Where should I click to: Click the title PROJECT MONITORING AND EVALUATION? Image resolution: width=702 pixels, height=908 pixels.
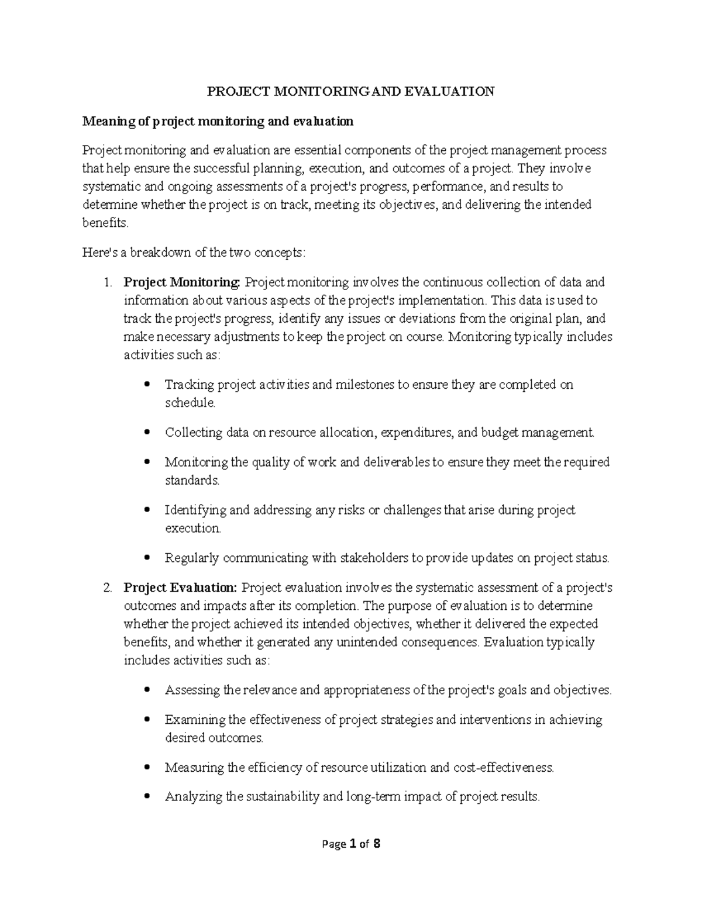coord(351,91)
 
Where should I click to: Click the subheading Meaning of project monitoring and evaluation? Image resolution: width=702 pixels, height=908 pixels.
coord(218,121)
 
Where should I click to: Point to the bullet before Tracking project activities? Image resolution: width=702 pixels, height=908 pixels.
coord(147,385)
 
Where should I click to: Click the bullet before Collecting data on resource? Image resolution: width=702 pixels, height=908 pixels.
coord(147,433)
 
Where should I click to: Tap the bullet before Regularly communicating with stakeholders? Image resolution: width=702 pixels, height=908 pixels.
coord(147,558)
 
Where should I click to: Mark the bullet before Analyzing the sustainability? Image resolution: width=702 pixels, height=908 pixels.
coord(147,796)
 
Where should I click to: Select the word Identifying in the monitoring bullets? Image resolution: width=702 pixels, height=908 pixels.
coord(195,510)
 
